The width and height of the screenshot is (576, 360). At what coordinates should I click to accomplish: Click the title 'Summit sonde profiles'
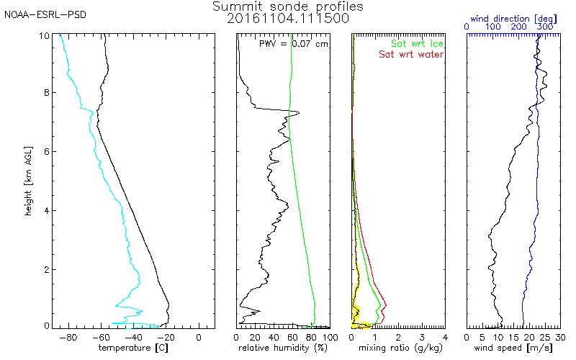point(288,6)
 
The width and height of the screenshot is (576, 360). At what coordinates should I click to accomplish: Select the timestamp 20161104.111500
point(288,19)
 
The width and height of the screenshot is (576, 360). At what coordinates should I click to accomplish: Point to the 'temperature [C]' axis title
point(135,348)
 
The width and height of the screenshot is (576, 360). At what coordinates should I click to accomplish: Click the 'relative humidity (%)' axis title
point(284,348)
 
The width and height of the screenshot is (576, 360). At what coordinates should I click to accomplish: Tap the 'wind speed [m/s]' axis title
point(514,348)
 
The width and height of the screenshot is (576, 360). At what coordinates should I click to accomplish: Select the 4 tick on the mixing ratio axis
point(445,336)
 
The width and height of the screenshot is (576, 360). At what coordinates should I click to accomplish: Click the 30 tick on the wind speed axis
point(561,336)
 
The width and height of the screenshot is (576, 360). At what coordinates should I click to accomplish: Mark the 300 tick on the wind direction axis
point(545,27)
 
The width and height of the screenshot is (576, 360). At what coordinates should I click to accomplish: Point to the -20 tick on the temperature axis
point(166,336)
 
